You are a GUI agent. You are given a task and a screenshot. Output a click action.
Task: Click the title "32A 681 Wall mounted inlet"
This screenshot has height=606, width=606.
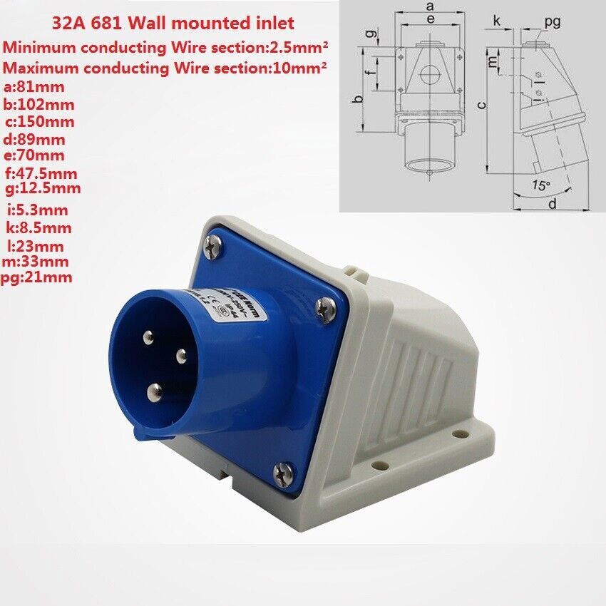point(173,23)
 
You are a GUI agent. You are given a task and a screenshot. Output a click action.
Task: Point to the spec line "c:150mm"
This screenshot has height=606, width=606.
point(38,121)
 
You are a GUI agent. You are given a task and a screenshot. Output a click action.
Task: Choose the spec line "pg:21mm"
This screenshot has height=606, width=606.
point(37,277)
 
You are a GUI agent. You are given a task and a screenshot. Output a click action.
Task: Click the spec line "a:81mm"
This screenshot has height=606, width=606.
point(34,88)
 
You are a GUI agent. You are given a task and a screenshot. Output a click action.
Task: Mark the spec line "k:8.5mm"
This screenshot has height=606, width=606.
point(37,228)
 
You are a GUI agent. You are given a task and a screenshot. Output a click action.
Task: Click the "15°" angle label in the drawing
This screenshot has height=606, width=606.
point(541,185)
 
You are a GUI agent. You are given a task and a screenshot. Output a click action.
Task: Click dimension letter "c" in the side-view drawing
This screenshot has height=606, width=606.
point(483,105)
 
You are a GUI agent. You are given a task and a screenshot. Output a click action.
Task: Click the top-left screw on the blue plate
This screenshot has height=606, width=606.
point(212,247)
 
